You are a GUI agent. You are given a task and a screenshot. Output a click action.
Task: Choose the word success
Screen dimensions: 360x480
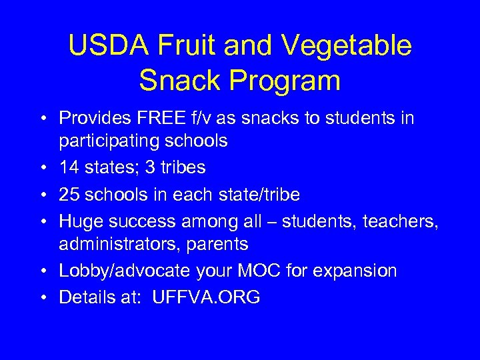click(x=143, y=221)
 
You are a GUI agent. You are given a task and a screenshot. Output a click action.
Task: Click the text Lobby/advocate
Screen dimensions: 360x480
click(x=117, y=271)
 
